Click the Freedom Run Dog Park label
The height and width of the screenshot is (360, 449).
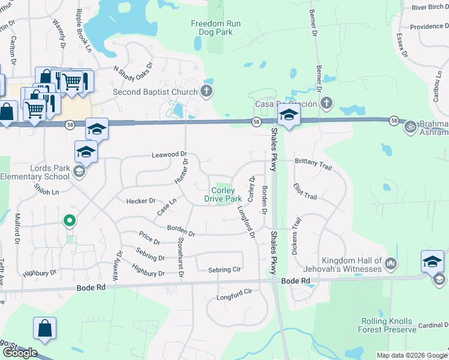(x=211, y=28)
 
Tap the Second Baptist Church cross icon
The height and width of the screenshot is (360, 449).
(x=206, y=92)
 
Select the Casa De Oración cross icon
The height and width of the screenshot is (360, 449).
(x=326, y=103)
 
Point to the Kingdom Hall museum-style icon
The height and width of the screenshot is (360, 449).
(x=391, y=263)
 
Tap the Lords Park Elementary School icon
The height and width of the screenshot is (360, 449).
(x=79, y=173)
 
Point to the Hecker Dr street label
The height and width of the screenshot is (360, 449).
(x=141, y=201)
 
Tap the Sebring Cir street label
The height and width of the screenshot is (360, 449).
(x=224, y=270)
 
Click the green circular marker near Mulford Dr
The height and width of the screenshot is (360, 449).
(x=70, y=221)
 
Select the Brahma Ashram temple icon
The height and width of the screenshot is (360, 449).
(x=411, y=127)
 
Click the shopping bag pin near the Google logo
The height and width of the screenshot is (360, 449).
(x=45, y=329)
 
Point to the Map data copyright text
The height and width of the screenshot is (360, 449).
(x=412, y=355)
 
